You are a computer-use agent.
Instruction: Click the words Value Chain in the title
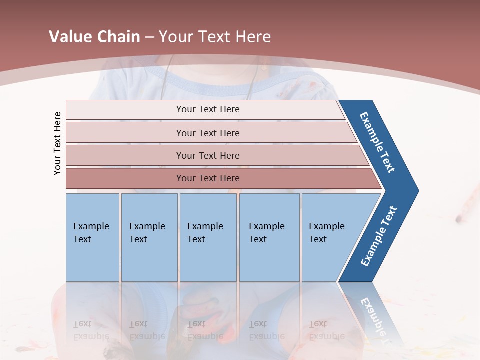click(x=94, y=37)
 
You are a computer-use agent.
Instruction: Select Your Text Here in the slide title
click(x=215, y=37)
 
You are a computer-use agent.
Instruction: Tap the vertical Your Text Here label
click(x=57, y=143)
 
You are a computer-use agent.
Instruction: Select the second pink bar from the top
click(x=207, y=133)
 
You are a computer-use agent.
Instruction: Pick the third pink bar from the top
click(x=207, y=155)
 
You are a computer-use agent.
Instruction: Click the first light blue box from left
click(x=92, y=237)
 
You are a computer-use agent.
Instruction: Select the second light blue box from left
click(x=149, y=237)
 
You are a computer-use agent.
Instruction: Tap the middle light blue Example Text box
click(x=208, y=237)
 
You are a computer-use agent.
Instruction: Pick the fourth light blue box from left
click(x=269, y=237)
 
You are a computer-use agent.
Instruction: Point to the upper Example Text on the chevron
click(x=377, y=142)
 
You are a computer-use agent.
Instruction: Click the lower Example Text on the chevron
click(x=378, y=236)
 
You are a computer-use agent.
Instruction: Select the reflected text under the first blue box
click(x=91, y=330)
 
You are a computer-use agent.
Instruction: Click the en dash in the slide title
click(x=149, y=37)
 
